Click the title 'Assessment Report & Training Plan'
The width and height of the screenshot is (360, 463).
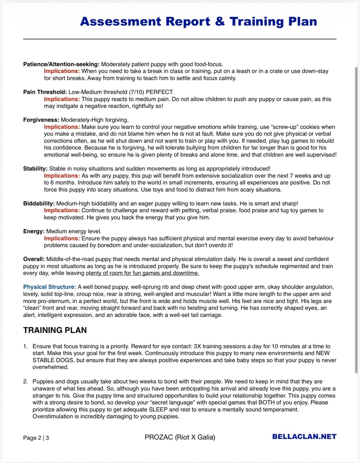pyautogui.click(x=198, y=21)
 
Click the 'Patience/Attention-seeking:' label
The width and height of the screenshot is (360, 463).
pyautogui.click(x=61, y=64)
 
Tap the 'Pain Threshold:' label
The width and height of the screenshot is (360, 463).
pyautogui.click(x=45, y=92)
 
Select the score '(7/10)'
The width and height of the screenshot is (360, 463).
pyautogui.click(x=136, y=92)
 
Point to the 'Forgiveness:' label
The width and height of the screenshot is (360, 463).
pyautogui.click(x=41, y=120)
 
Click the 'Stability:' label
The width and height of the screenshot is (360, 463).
pyautogui.click(x=35, y=168)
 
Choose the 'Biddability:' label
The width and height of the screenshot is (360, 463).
pyautogui.click(x=39, y=203)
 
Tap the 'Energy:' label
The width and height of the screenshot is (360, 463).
pyautogui.click(x=34, y=231)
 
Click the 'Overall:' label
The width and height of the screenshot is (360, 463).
pyautogui.click(x=34, y=259)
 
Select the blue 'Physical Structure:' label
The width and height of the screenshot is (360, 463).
pyautogui.click(x=50, y=287)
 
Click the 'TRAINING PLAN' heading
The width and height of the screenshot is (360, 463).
pyautogui.click(x=55, y=330)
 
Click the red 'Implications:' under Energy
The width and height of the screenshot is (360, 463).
pyautogui.click(x=62, y=238)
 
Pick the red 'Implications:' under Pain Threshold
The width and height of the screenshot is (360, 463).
pyautogui.click(x=62, y=99)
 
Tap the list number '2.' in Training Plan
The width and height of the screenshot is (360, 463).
pyautogui.click(x=25, y=381)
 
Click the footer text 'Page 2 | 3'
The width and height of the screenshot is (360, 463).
pyautogui.click(x=36, y=438)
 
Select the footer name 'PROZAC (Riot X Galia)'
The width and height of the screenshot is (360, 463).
pyautogui.click(x=180, y=437)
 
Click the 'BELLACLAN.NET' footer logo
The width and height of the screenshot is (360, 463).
pyautogui.click(x=304, y=437)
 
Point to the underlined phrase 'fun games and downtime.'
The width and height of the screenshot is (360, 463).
pyautogui.click(x=169, y=273)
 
